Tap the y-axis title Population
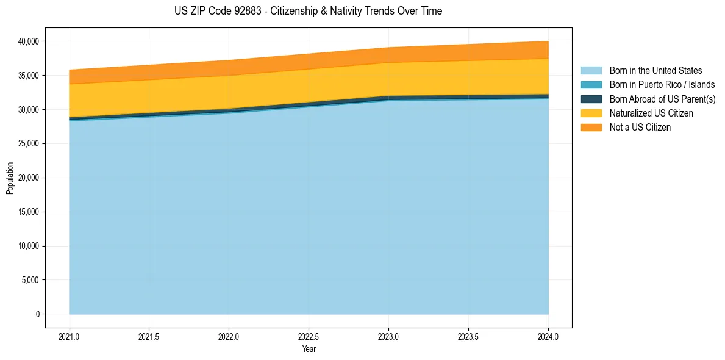(x=10, y=178)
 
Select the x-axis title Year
(x=309, y=349)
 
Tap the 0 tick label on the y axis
(x=37, y=314)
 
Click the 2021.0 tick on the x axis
(x=70, y=336)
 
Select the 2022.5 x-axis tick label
(x=309, y=336)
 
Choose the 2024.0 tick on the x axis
(x=548, y=336)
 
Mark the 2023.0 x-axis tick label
(x=388, y=336)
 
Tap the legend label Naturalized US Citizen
(x=651, y=113)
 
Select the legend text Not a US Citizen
(x=640, y=128)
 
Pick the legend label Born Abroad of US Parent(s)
(x=662, y=99)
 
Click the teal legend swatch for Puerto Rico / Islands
(x=591, y=85)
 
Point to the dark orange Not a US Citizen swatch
(x=591, y=128)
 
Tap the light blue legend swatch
(x=591, y=71)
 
